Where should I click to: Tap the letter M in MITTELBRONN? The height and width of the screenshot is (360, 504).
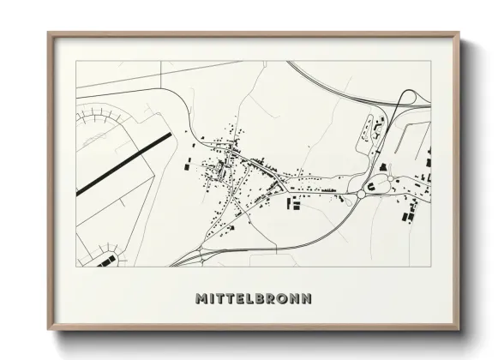[201, 299]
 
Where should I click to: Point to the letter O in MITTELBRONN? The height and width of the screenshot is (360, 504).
[284, 299]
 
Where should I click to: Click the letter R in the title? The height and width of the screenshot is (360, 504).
[273, 299]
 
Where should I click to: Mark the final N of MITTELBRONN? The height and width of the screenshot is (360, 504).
[306, 299]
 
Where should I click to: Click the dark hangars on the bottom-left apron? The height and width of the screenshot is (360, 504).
[106, 260]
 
